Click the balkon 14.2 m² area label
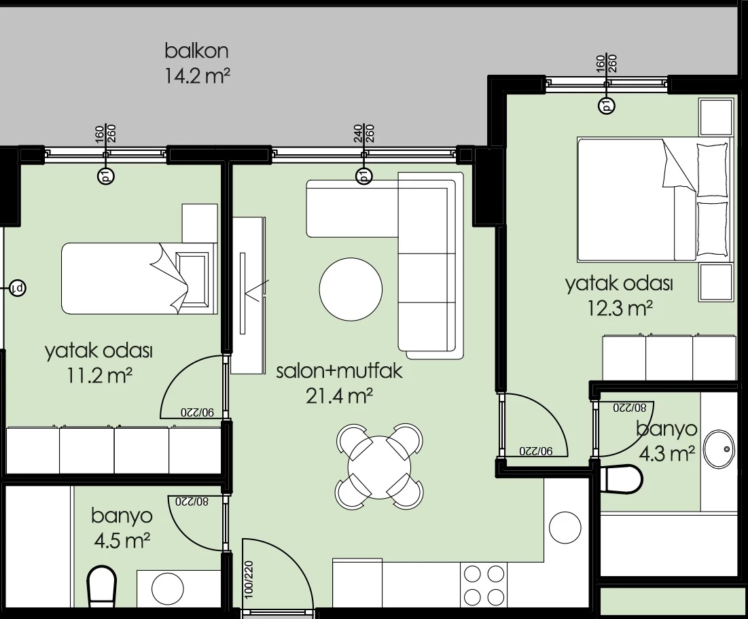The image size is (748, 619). [x=197, y=63]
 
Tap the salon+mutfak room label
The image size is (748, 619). [x=339, y=371]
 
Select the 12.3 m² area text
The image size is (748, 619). [x=619, y=308]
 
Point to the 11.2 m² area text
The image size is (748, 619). [x=99, y=376]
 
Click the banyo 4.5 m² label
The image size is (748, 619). [x=122, y=528]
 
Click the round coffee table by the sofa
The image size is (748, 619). [x=351, y=289]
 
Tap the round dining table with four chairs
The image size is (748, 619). [x=379, y=467]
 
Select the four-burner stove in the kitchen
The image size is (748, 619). [x=484, y=584]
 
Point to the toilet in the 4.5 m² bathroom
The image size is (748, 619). [x=102, y=586]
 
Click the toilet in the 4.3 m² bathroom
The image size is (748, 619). [x=620, y=479]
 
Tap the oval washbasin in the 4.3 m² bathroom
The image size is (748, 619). [x=719, y=449]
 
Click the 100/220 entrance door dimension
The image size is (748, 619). [x=249, y=580]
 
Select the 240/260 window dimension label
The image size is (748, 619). [x=364, y=134]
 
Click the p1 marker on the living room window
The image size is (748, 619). [x=364, y=175]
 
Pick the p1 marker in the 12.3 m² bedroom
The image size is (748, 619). [x=607, y=105]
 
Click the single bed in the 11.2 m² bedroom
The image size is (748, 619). [x=139, y=279]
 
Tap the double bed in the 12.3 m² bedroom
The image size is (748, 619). [x=653, y=200]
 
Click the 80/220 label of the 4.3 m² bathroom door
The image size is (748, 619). [x=630, y=408]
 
